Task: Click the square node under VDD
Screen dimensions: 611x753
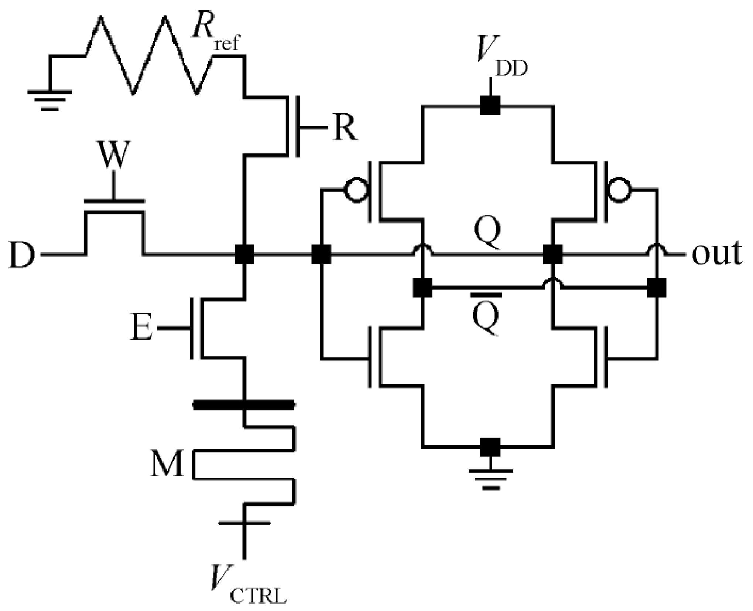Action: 490,106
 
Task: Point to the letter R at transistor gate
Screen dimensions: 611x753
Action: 345,128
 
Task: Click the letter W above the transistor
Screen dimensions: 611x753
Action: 113,155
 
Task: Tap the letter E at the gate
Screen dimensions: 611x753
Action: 141,328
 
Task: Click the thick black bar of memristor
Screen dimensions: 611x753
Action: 244,405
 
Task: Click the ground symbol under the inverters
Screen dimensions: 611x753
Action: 490,477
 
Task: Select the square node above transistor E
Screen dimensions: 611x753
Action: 244,254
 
